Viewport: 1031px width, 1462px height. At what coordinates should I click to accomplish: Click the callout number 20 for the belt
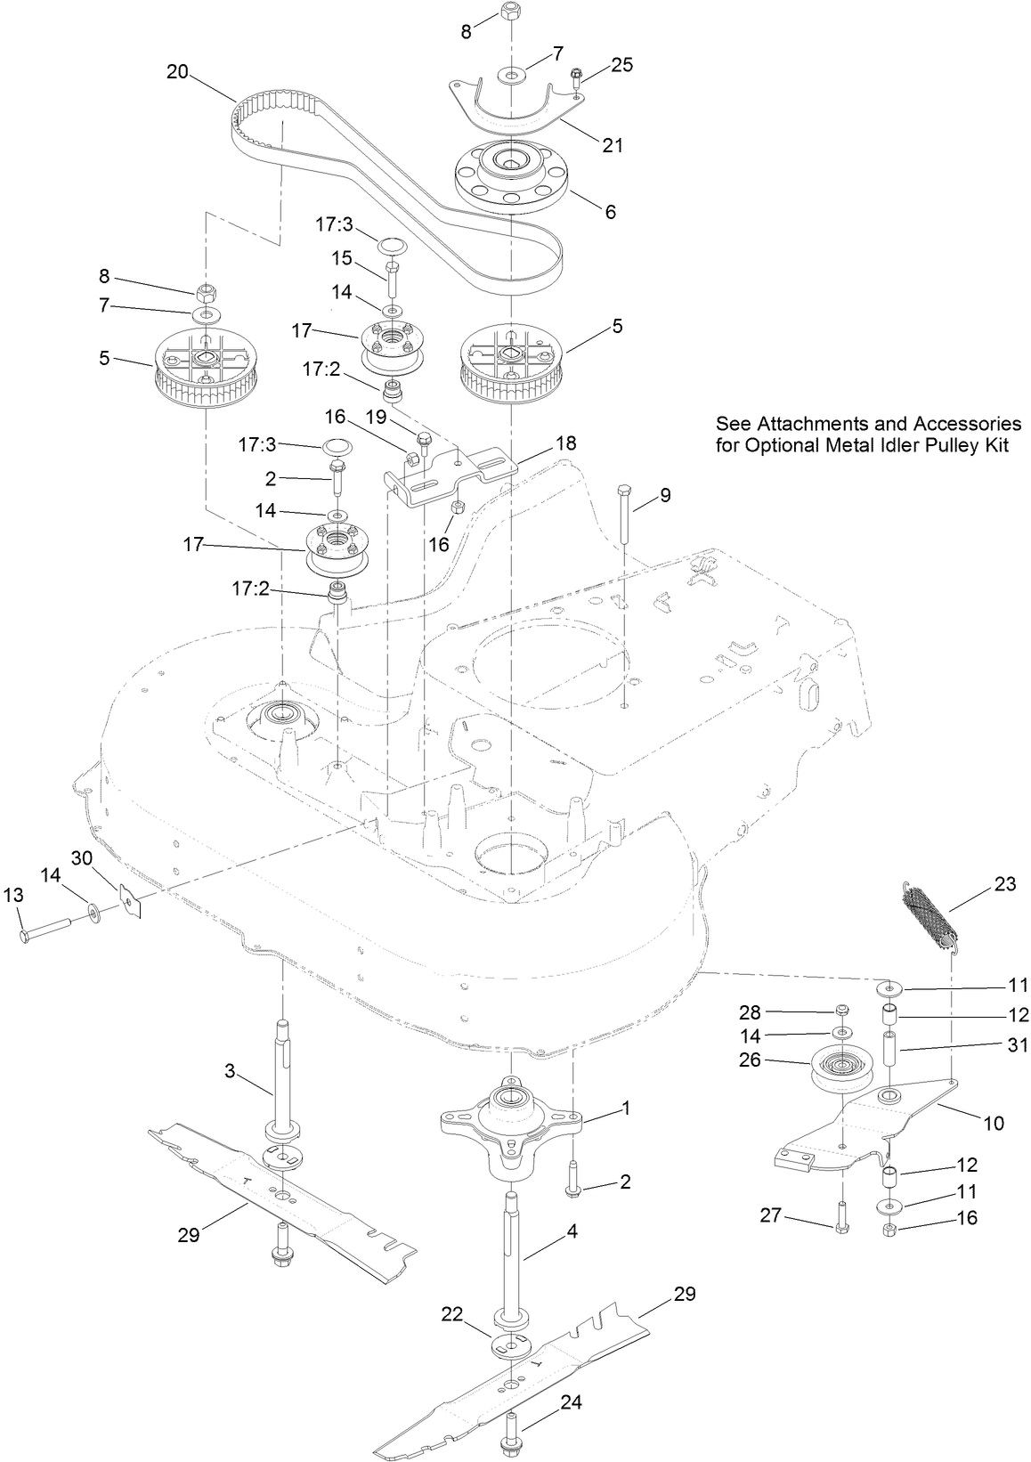177,71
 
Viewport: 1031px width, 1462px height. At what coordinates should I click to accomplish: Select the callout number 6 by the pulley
610,212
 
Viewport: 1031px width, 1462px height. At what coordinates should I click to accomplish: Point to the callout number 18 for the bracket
565,443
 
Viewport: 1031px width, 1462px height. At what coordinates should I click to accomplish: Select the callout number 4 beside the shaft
572,1231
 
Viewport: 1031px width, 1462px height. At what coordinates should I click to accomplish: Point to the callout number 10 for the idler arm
994,1124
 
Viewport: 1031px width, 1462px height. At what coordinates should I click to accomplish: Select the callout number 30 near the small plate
82,857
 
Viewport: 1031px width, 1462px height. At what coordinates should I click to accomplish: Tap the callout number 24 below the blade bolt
571,1403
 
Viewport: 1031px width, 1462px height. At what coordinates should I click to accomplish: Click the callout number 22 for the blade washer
453,1314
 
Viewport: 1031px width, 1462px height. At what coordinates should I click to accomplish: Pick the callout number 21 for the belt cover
613,145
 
